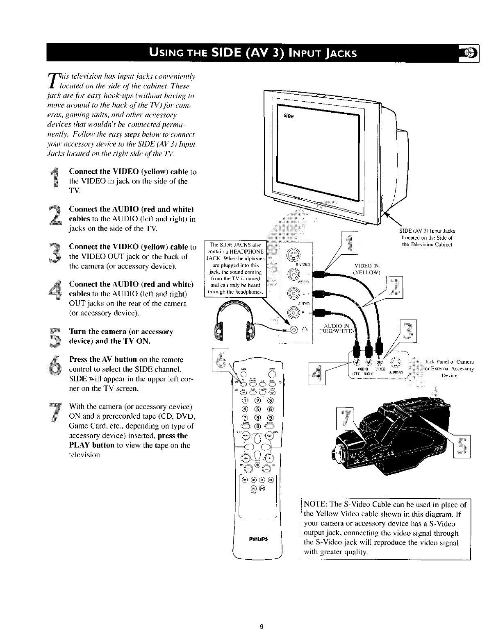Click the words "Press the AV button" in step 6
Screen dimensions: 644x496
tap(103, 359)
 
